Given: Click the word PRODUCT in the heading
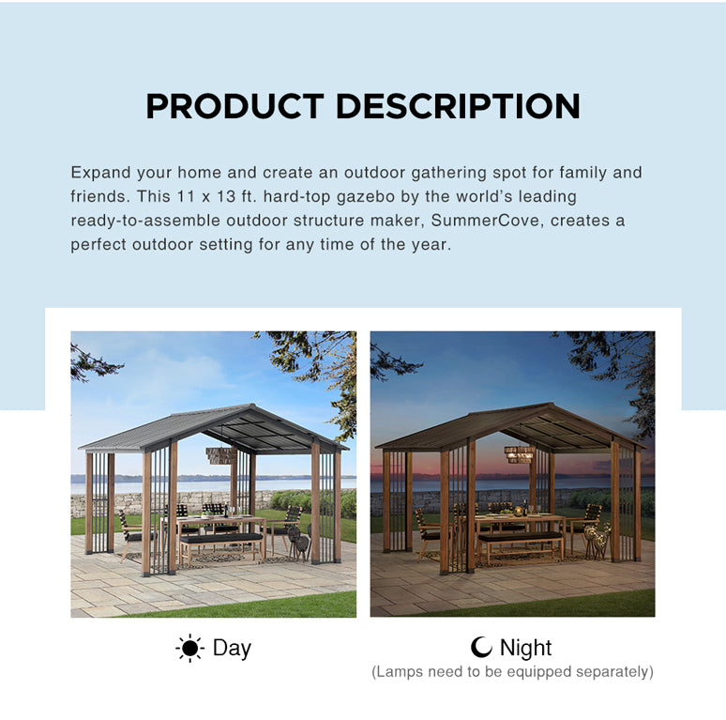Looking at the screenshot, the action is (x=234, y=106).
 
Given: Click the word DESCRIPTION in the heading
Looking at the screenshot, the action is (x=458, y=106).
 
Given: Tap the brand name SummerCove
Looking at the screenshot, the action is (x=485, y=221).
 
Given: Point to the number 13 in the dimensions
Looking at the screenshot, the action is (x=226, y=196).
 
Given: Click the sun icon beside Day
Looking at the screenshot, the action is (x=189, y=648).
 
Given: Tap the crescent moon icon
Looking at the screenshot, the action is (x=481, y=647).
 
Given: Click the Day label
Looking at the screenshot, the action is (x=232, y=648).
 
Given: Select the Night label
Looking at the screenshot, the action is (x=525, y=648).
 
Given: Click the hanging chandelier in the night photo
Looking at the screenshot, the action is (x=520, y=454).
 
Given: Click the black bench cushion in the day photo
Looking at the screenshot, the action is (x=221, y=538).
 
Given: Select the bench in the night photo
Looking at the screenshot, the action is (x=521, y=545).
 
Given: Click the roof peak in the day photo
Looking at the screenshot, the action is (x=252, y=405).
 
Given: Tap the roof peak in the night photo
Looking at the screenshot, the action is (x=551, y=404).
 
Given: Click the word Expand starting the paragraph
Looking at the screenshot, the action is (x=101, y=173).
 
